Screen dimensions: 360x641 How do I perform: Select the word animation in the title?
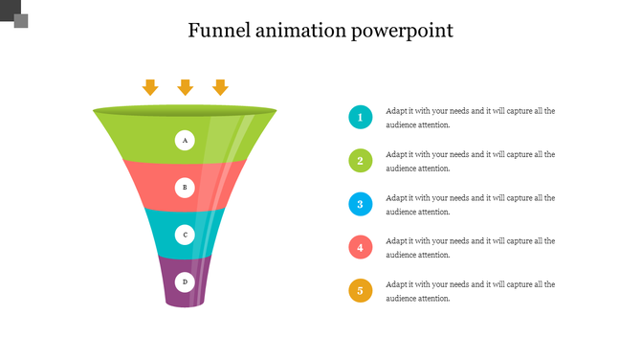point(302,31)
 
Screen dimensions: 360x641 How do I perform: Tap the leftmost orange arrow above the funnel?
point(150,87)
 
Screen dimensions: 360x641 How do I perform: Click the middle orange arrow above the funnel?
point(186,87)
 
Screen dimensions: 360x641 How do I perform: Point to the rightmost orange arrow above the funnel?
point(220,87)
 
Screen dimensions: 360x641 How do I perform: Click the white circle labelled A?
point(185,141)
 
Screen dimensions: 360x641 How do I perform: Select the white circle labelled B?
point(185,188)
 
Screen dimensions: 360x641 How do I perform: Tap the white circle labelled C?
point(185,235)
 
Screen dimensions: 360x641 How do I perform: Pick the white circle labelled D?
point(185,281)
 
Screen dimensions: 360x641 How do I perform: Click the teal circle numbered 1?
point(360,118)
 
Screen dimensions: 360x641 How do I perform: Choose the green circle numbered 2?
point(360,161)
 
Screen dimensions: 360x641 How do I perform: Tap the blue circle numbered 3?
point(360,204)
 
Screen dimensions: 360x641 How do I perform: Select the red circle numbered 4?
point(360,247)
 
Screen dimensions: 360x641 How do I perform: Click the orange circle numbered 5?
point(360,290)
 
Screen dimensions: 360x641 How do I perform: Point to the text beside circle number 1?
point(470,118)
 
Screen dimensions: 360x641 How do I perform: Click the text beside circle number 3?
point(470,204)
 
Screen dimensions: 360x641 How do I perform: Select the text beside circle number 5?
point(470,291)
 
